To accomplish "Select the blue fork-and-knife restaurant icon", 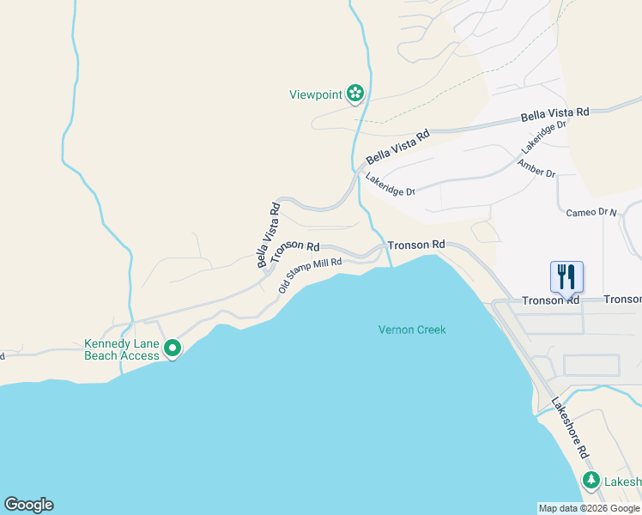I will [566, 276].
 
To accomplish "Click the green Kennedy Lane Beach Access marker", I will [173, 348].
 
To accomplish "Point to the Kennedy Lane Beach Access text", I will [122, 349].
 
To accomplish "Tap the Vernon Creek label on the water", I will [413, 330].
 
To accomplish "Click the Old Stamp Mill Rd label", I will [310, 275].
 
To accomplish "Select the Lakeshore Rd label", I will [570, 427].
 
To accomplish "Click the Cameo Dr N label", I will [591, 211].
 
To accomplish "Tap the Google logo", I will [28, 505].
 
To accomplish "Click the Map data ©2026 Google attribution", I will [589, 508].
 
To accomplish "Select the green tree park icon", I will [591, 480].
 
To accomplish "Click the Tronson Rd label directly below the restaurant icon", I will [551, 300].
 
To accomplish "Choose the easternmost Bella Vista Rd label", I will [556, 113].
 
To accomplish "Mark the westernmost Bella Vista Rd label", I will [269, 235].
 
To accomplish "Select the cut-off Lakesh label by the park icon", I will [622, 482].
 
